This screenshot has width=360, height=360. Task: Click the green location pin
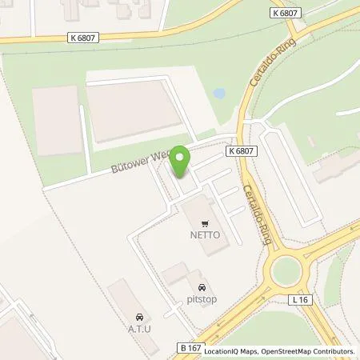click(182, 161)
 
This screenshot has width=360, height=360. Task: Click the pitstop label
click(202, 299)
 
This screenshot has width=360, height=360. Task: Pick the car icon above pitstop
click(202, 287)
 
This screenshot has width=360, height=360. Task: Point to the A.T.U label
click(141, 326)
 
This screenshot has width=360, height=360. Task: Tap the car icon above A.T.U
click(141, 315)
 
